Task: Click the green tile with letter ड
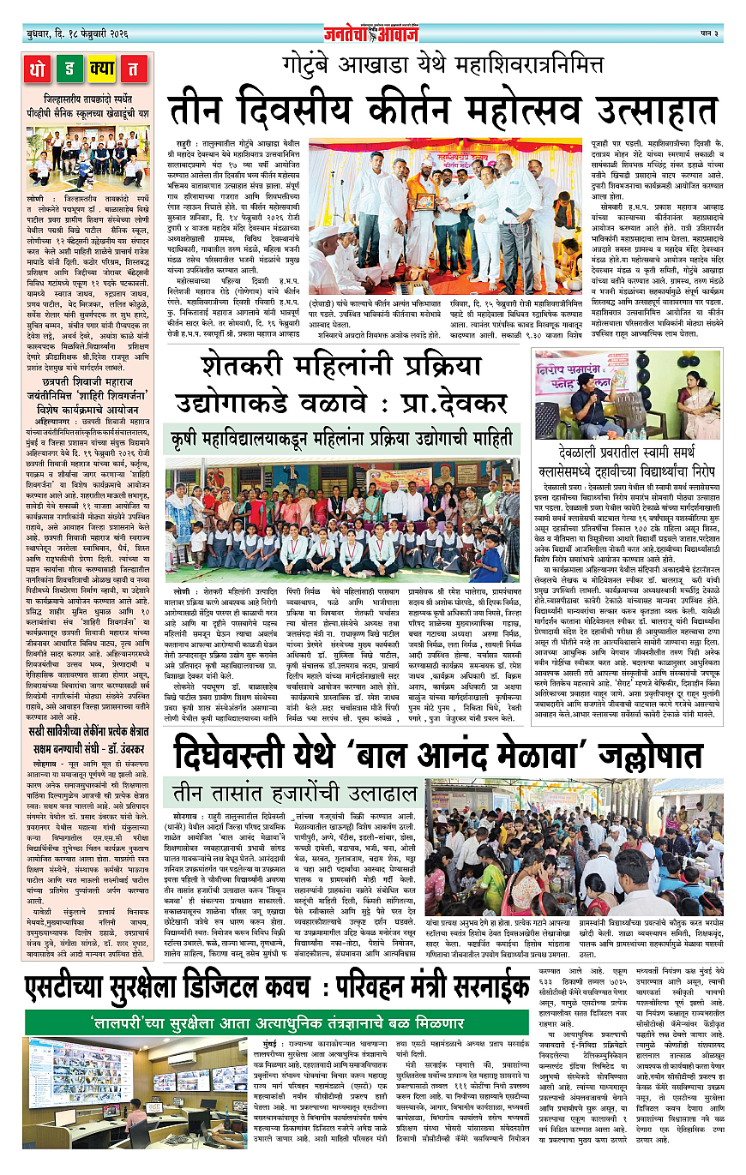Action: [x=70, y=68]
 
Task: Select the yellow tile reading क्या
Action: [x=102, y=68]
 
